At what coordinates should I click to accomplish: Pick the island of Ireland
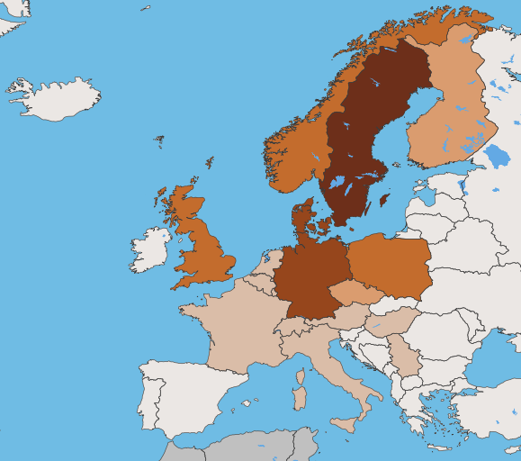pos(149,250)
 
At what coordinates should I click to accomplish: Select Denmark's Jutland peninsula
pos(302,221)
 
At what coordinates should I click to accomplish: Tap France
pos(238,324)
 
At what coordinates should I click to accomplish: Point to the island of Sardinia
pos(299,396)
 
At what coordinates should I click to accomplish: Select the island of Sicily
pos(347,424)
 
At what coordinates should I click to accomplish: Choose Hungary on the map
pos(391,320)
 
